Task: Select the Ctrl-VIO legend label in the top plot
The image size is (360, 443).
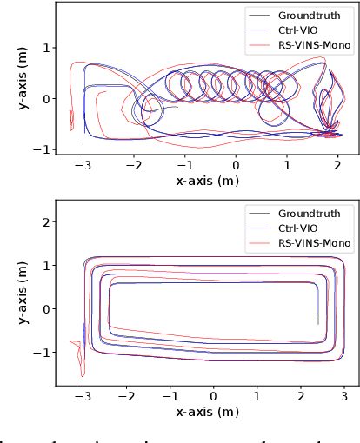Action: [x=297, y=29]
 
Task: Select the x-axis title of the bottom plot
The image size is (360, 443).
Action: [x=206, y=411]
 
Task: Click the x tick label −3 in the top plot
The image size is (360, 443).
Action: [x=83, y=165]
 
